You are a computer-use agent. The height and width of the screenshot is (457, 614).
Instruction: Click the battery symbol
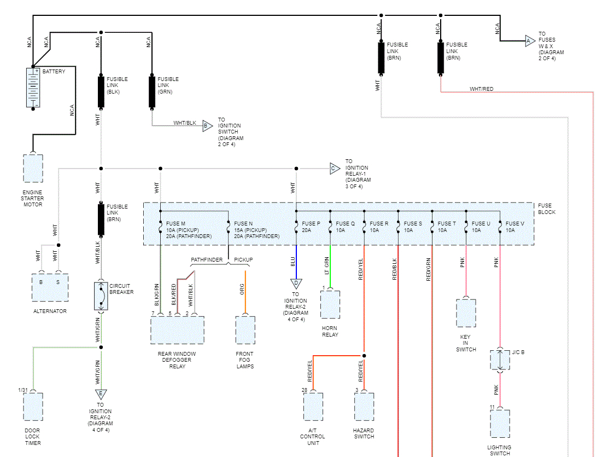[33, 88]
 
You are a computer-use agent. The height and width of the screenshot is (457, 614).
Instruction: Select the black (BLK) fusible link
[101, 91]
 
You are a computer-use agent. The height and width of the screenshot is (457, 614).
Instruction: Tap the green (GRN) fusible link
[152, 91]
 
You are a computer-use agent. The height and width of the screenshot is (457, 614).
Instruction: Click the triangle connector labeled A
[529, 41]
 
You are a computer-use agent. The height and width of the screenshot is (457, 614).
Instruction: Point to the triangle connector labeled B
[207, 126]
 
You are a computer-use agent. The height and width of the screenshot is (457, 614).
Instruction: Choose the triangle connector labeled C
[334, 169]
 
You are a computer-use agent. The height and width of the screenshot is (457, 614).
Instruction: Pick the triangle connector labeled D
[296, 284]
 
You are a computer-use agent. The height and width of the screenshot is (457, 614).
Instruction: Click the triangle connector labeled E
[101, 394]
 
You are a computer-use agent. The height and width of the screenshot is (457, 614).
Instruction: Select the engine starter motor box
[33, 169]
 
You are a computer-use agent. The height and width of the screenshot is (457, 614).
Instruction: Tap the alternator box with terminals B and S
[50, 287]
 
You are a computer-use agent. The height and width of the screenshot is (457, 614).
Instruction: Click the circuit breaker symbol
[101, 296]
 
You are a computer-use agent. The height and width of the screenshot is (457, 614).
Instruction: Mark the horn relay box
[330, 304]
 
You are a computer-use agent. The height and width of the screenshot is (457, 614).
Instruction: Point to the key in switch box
[466, 313]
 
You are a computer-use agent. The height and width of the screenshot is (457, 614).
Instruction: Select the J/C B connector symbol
[500, 360]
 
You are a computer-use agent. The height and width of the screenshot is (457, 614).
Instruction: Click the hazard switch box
[364, 407]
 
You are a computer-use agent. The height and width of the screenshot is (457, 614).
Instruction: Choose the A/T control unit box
[313, 407]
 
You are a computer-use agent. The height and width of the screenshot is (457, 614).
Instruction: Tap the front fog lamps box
[245, 330]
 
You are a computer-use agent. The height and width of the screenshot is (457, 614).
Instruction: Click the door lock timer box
[33, 407]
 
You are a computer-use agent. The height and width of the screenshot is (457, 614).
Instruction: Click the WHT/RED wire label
[481, 89]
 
